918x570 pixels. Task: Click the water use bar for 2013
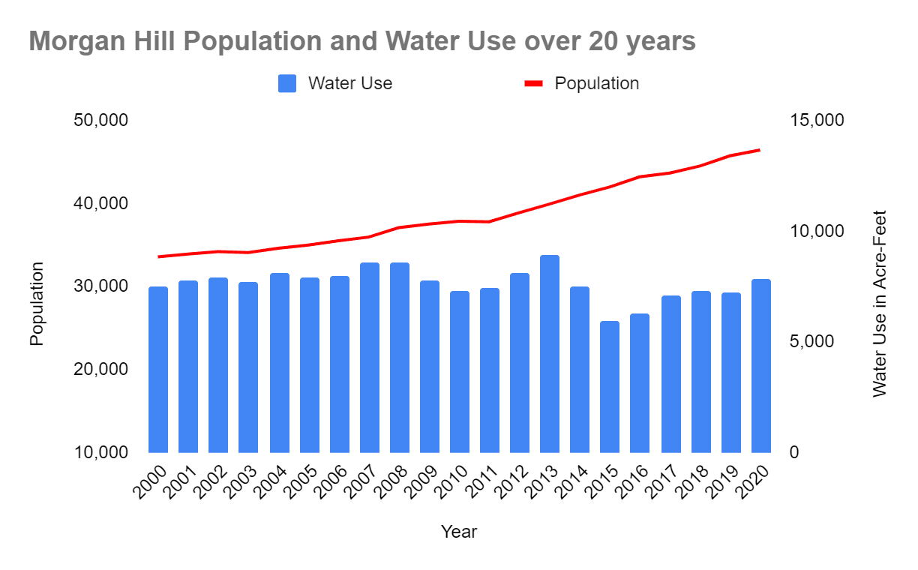pyautogui.click(x=550, y=354)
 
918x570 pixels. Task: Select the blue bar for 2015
pyautogui.click(x=610, y=387)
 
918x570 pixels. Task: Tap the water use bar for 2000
pyautogui.click(x=158, y=370)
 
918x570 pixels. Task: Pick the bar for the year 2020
pyautogui.click(x=761, y=366)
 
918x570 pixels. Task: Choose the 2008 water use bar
pyautogui.click(x=400, y=358)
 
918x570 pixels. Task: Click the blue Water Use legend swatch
pyautogui.click(x=287, y=83)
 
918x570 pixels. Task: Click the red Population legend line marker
pyautogui.click(x=533, y=83)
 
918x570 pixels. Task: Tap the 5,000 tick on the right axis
pyautogui.click(x=813, y=342)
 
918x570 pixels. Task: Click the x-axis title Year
pyautogui.click(x=458, y=532)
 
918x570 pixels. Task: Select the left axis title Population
pyautogui.click(x=37, y=303)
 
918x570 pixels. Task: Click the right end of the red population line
pyautogui.click(x=760, y=150)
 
